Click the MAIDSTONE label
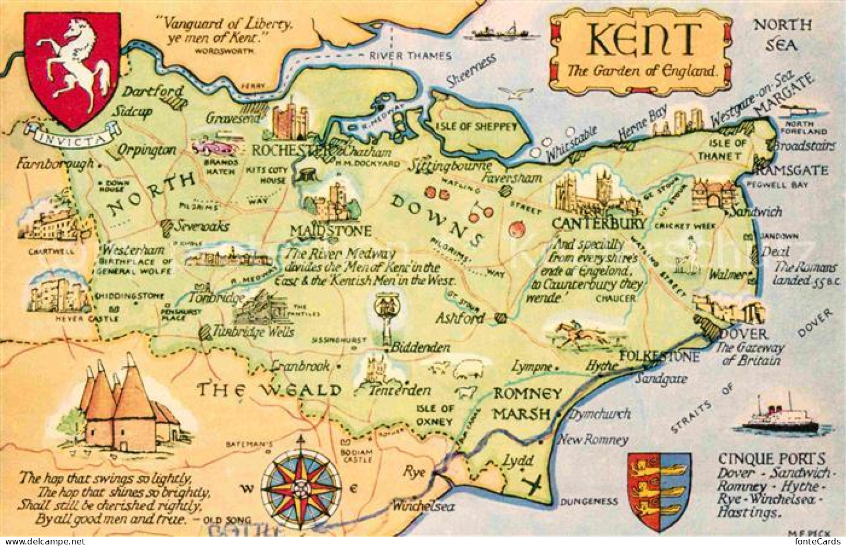331,231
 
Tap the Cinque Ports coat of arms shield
659,490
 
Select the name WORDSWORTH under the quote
224,50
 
